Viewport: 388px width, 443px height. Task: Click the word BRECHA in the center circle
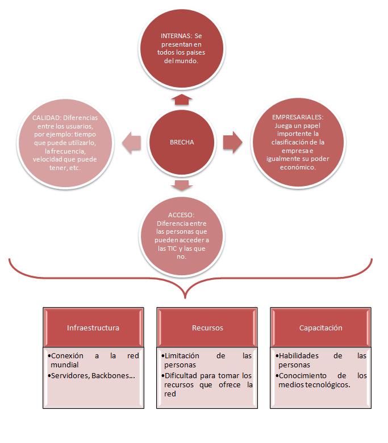182,142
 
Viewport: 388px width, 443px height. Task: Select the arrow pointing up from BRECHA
182,100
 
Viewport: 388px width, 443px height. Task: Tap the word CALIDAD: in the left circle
45,118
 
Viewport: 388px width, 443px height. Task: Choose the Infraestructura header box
93,328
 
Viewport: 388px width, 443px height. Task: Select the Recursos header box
207,328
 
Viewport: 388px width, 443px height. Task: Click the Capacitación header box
320,328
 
